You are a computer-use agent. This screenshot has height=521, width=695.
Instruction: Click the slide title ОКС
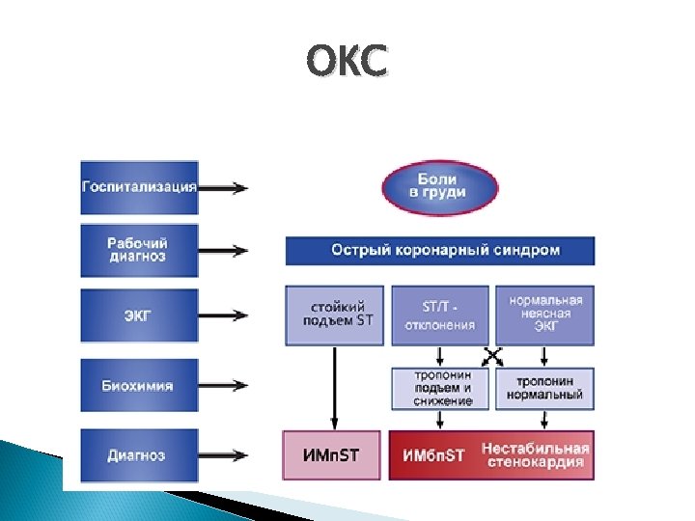tap(347, 63)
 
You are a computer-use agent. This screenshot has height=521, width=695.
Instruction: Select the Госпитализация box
tap(139, 187)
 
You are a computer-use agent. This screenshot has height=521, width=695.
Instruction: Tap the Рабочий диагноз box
tap(139, 250)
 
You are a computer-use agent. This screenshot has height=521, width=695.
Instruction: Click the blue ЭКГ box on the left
tap(139, 315)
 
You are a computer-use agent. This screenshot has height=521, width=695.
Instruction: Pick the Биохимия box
tap(139, 386)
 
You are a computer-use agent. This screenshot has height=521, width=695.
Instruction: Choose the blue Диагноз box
tap(139, 455)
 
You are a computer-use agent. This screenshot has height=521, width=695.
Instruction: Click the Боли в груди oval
tap(440, 186)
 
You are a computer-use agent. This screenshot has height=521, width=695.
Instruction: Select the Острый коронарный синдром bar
tap(440, 250)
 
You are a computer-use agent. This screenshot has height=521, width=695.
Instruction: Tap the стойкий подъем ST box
tap(334, 315)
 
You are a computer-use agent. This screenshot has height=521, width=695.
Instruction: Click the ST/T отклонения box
tap(440, 315)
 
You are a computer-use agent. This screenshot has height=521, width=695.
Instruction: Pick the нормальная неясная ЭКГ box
tap(544, 315)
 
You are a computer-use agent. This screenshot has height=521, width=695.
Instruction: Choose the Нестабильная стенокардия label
tap(535, 455)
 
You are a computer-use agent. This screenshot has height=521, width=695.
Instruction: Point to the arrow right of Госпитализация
tap(225, 187)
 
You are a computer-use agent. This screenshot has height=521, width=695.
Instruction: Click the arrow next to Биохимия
tap(225, 386)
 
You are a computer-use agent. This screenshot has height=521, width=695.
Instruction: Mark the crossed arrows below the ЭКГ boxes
tap(492, 356)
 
